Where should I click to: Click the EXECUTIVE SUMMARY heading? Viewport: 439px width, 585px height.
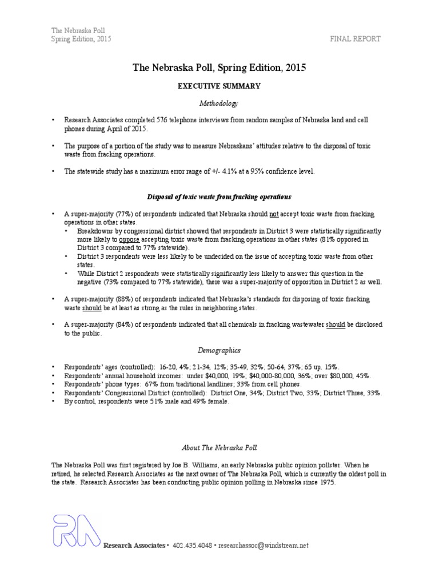point(220,86)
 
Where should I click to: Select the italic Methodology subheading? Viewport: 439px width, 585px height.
point(219,103)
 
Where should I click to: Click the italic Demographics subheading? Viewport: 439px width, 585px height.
point(219,350)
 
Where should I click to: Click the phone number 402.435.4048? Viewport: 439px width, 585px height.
point(191,546)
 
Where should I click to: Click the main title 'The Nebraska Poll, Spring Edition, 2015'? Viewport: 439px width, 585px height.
point(219,67)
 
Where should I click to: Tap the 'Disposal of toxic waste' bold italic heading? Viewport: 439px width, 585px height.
point(219,197)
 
